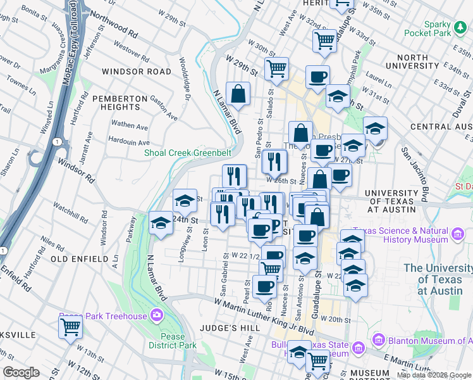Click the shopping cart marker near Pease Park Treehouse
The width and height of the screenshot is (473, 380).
[x=70, y=327]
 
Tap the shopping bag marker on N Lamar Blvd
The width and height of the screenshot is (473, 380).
[x=238, y=94]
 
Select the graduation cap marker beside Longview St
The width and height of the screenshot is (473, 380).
[x=184, y=201]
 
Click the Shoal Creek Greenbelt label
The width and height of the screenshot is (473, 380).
[x=187, y=153]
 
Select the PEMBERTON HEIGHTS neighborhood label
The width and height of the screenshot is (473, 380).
[x=124, y=103]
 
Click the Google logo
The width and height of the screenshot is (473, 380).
[x=21, y=372]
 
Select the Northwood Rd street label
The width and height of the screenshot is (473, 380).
[x=114, y=22]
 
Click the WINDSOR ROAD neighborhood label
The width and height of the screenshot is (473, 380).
[x=136, y=72]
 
